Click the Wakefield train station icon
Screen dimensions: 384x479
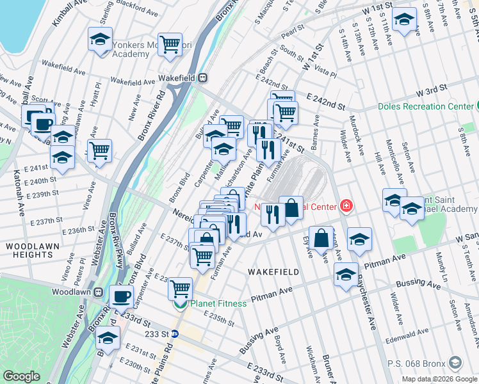(x=202, y=78)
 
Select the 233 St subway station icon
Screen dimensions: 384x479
(x=183, y=333)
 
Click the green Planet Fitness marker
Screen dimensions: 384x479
(x=181, y=303)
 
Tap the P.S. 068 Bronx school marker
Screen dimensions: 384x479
(x=455, y=363)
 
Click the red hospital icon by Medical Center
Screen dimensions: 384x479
(x=346, y=205)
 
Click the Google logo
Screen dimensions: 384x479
(x=21, y=376)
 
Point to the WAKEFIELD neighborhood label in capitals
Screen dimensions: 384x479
(x=273, y=272)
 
